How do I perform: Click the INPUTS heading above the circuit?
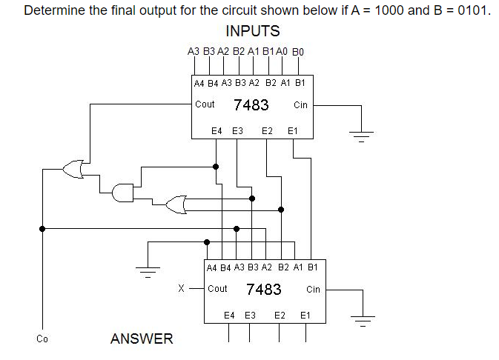tap(252, 31)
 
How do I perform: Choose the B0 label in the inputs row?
tap(300, 52)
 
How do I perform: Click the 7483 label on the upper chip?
tap(251, 105)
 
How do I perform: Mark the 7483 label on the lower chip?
tap(263, 289)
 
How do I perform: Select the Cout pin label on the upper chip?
tap(205, 104)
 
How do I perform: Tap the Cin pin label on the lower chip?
tap(313, 289)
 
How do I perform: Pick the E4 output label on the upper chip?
tap(217, 130)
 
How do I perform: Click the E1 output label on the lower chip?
tap(305, 315)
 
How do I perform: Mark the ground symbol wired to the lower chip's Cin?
tap(361, 321)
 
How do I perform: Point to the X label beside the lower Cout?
tap(182, 289)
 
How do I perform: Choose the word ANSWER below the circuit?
tap(142, 339)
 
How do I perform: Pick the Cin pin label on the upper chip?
tap(300, 105)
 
